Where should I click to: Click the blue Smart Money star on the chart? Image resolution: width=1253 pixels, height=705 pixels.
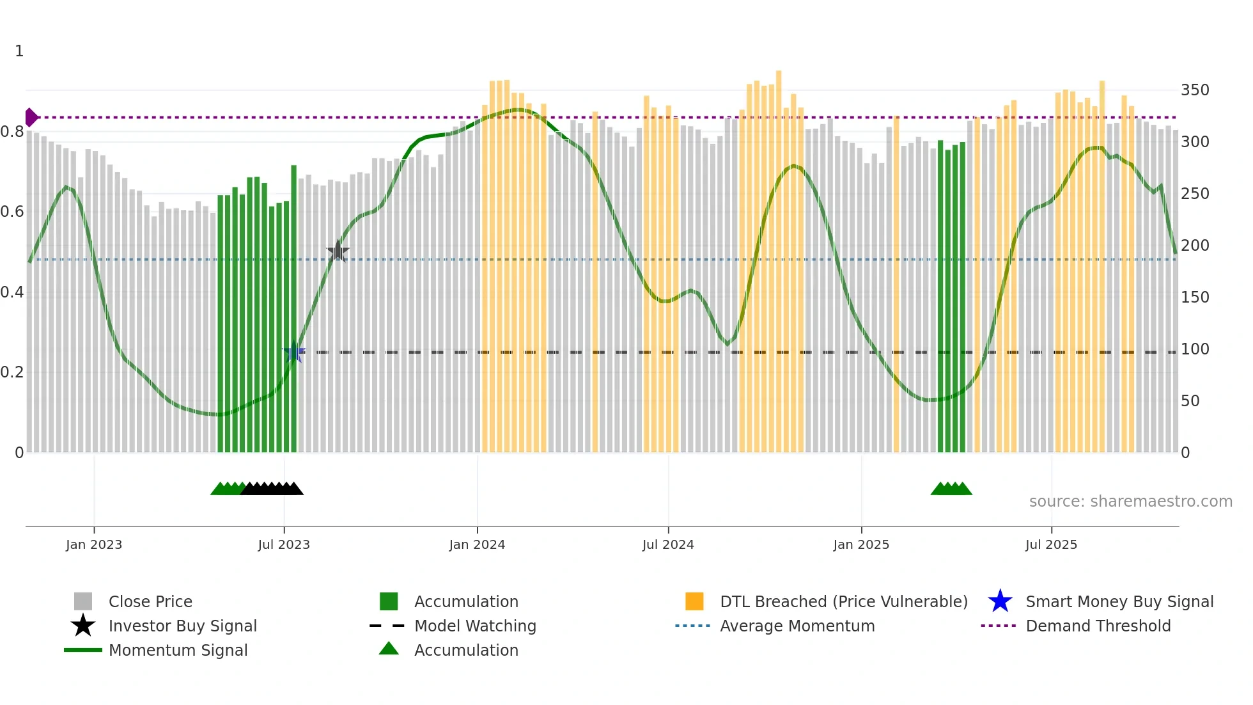pos(294,352)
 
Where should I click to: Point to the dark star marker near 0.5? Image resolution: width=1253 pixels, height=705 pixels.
pos(338,251)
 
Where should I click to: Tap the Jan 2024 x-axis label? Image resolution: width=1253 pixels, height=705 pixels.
pos(477,544)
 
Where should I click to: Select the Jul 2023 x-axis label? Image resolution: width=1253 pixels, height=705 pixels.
pos(284,544)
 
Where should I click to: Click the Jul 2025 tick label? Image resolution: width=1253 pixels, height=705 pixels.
pos(1051,544)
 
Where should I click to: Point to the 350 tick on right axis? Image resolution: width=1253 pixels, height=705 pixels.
pos(1194,90)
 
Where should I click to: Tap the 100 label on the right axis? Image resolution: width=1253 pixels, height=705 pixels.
pos(1194,349)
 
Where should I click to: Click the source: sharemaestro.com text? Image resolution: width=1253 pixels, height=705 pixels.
pos(1130,502)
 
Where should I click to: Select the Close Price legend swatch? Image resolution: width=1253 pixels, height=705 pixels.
pos(83,601)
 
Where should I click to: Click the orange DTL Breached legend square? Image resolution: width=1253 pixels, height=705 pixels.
pos(694,601)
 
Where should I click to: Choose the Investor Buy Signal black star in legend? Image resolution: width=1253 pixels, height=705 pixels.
pos(83,626)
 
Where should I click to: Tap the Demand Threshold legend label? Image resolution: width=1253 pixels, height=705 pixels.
pos(1098,626)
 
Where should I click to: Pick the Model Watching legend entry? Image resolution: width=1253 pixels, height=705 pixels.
pos(474,626)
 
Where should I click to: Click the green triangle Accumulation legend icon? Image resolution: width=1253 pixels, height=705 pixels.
pos(389,649)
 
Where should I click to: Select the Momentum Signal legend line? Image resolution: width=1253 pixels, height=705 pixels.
pos(83,650)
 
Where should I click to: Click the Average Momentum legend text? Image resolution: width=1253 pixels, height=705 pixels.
pos(797,626)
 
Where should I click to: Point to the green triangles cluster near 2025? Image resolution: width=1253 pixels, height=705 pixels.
pos(951,489)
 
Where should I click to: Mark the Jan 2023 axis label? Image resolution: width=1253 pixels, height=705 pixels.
pos(94,544)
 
